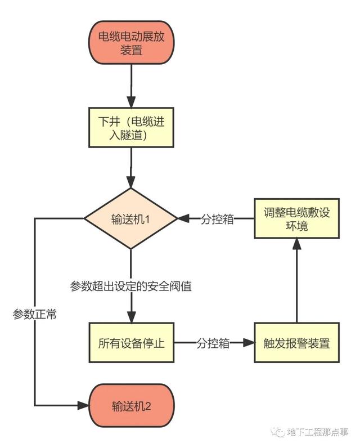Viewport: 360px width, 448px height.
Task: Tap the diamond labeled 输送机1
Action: (x=130, y=218)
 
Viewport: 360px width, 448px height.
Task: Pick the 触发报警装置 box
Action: (x=296, y=343)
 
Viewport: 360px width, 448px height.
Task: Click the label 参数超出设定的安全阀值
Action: (x=131, y=286)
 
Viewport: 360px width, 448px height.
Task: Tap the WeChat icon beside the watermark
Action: (x=277, y=432)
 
